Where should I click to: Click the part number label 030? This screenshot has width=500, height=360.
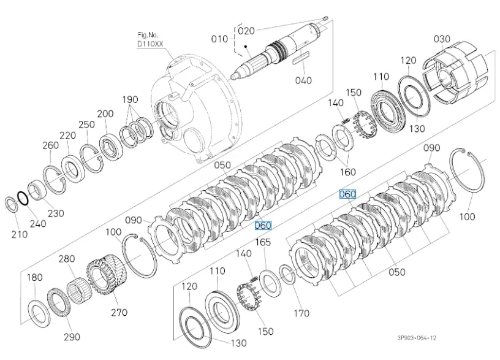(442, 39)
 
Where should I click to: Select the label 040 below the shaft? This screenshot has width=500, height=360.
(303, 80)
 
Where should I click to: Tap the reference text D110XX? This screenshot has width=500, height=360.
(150, 44)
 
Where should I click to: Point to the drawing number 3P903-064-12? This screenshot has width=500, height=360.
(417, 338)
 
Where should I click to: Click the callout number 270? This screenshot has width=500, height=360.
(119, 313)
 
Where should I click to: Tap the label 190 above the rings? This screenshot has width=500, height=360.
(130, 99)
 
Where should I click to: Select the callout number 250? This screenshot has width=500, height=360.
(86, 124)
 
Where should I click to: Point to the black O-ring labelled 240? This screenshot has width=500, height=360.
(22, 197)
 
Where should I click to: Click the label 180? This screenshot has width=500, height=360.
(35, 277)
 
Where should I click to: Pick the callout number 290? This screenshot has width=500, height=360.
(72, 337)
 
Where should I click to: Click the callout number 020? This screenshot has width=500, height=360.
(246, 30)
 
